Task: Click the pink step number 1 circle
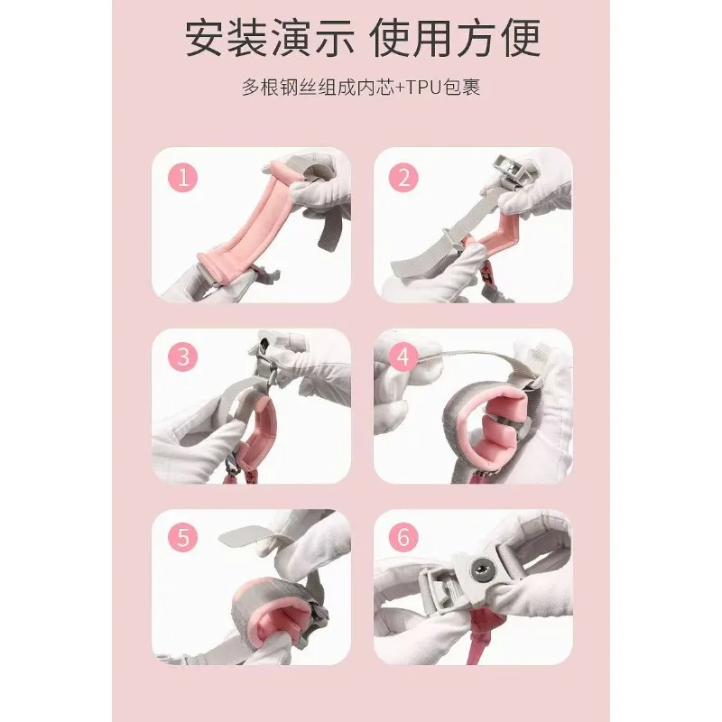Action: click(x=182, y=177)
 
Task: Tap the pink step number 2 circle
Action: click(x=403, y=177)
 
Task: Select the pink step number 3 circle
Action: click(x=182, y=356)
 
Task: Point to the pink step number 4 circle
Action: click(x=403, y=356)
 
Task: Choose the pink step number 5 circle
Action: click(x=182, y=537)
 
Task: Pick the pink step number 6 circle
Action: click(x=403, y=537)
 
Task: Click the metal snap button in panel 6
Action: click(x=483, y=568)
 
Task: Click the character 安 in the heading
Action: click(x=205, y=38)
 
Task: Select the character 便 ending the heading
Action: click(x=521, y=38)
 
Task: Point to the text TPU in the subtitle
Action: click(x=423, y=87)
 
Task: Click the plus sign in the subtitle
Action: click(x=399, y=88)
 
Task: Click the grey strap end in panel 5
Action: click(x=243, y=533)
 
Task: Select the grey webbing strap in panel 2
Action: click(x=442, y=238)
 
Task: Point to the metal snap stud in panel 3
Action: click(x=264, y=343)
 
